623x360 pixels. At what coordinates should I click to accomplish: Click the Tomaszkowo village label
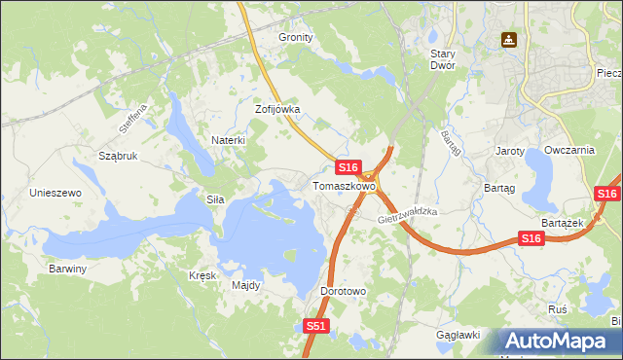[344, 185]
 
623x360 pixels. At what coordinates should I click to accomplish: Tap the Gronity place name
[296, 37]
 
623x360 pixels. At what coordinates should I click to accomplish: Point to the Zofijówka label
[277, 110]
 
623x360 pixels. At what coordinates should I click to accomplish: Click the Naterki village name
[229, 140]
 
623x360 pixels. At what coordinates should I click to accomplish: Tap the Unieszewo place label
[55, 193]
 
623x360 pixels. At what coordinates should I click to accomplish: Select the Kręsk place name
[202, 275]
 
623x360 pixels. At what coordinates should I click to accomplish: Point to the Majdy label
[245, 286]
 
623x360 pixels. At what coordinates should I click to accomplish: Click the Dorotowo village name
[343, 291]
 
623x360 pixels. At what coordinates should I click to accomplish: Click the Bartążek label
[562, 223]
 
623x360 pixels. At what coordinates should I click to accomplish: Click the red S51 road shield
[315, 327]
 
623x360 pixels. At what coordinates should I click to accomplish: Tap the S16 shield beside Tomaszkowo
[349, 168]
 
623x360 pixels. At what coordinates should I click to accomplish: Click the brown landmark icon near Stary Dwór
[508, 41]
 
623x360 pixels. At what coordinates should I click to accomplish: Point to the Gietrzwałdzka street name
[408, 216]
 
